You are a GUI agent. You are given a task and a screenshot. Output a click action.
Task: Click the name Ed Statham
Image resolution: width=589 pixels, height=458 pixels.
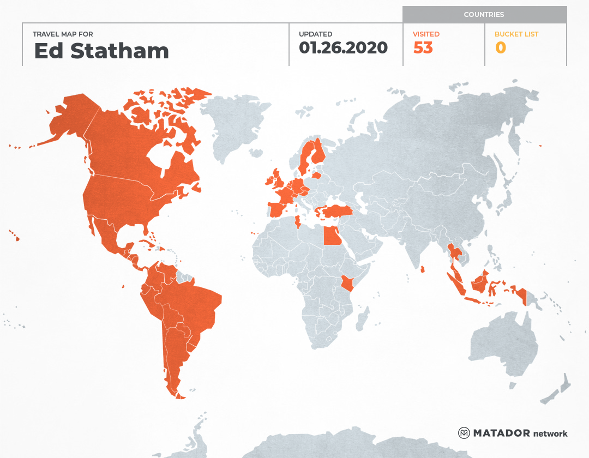click(x=101, y=51)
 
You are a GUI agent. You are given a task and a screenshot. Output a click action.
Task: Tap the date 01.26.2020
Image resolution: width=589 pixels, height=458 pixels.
click(x=343, y=47)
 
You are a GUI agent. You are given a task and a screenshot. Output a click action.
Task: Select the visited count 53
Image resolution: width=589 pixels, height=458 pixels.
click(x=423, y=48)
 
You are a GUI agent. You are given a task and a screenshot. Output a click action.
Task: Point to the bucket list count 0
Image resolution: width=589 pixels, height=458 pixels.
click(x=501, y=48)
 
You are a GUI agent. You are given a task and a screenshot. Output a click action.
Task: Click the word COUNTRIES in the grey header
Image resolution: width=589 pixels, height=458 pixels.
click(x=484, y=15)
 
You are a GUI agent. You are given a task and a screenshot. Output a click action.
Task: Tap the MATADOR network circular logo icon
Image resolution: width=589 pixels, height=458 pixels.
click(x=464, y=433)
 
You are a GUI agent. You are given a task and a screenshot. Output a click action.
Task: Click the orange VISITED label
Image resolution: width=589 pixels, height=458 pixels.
click(x=426, y=34)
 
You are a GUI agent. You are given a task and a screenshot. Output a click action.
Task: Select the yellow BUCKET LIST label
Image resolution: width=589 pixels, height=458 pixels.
click(x=516, y=34)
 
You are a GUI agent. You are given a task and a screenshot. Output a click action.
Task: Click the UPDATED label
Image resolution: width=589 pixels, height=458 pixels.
click(x=315, y=34)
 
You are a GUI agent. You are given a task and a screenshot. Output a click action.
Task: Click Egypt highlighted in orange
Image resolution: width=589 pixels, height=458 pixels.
click(x=331, y=236)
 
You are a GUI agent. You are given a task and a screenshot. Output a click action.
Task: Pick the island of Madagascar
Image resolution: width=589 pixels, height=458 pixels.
click(x=361, y=318)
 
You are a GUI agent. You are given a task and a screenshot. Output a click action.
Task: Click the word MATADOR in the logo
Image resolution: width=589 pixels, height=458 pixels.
click(x=501, y=433)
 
